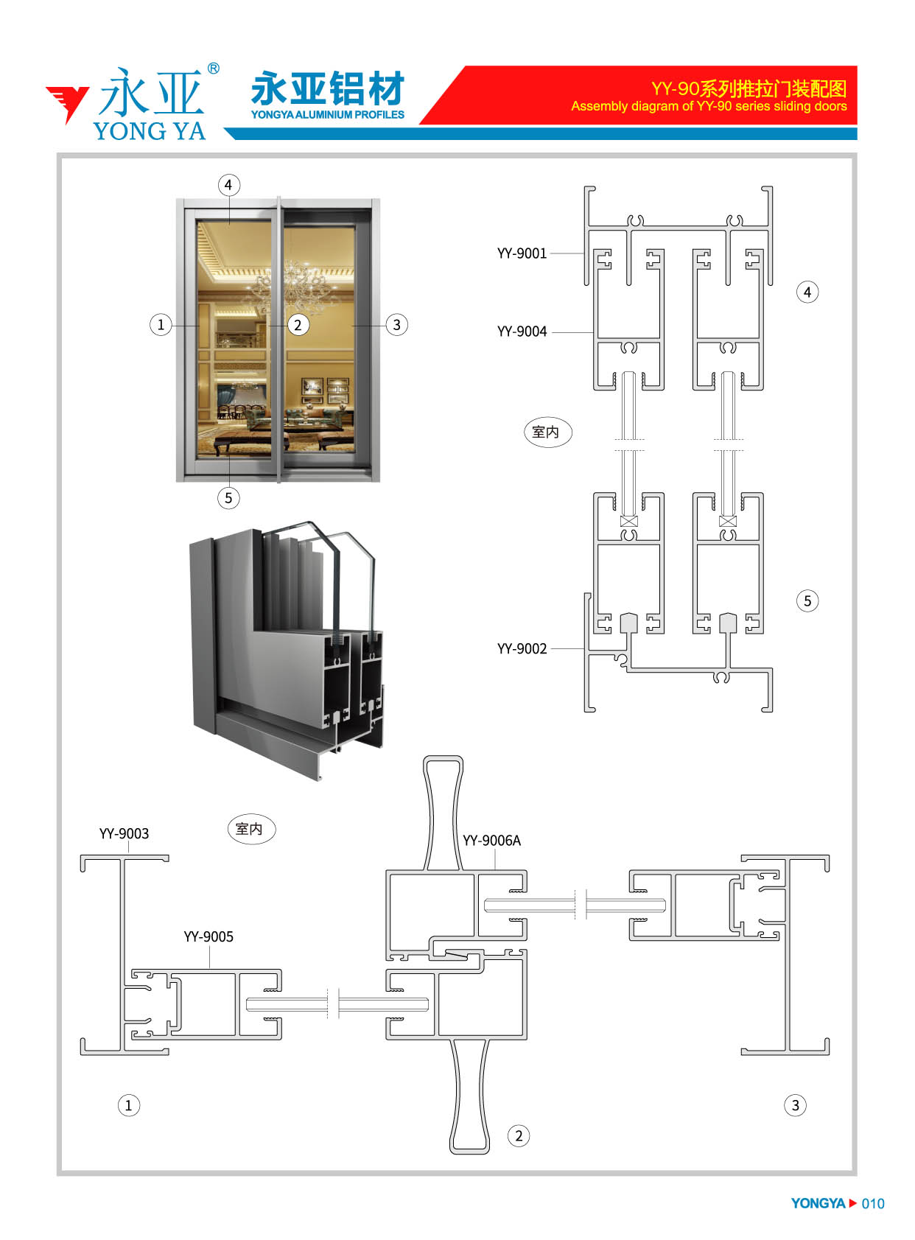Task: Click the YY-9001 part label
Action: (522, 253)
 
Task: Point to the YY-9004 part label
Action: (522, 332)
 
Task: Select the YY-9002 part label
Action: (522, 648)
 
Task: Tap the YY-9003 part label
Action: (124, 833)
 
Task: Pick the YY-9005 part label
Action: (208, 936)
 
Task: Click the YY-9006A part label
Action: (491, 840)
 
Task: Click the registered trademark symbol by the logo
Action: (213, 69)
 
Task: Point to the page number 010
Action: (872, 1204)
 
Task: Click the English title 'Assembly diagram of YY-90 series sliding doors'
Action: (708, 106)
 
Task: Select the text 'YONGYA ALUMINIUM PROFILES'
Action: (328, 115)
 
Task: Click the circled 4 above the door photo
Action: (228, 185)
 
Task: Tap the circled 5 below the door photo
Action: (228, 497)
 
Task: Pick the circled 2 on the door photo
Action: (298, 325)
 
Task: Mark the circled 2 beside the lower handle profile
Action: (519, 1136)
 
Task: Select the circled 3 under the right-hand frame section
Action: (795, 1105)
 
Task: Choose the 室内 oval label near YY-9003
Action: (251, 829)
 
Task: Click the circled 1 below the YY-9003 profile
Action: (129, 1105)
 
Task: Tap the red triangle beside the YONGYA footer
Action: (852, 1203)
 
